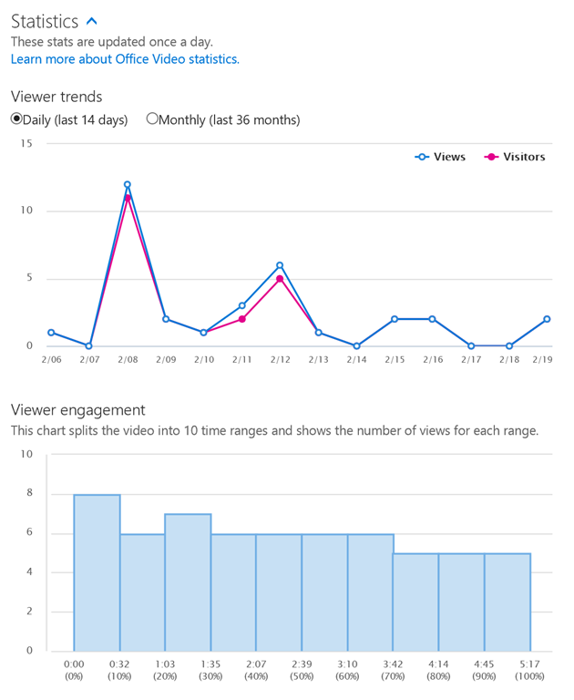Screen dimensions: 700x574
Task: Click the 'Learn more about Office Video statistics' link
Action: [x=125, y=58]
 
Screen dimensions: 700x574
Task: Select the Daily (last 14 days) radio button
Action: [x=16, y=118]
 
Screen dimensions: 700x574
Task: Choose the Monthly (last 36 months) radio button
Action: [x=152, y=118]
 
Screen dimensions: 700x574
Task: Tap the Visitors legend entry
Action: [x=515, y=157]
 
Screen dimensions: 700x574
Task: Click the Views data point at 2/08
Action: [x=128, y=184]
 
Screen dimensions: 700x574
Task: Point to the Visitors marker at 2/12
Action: [x=280, y=279]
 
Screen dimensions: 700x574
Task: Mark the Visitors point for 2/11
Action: [x=241, y=319]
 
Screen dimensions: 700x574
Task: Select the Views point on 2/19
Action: [x=546, y=319]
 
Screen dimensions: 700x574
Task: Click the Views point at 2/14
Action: [x=355, y=346]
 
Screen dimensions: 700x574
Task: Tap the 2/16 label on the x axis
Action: [x=432, y=361]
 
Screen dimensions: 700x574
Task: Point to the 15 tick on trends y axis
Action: [x=26, y=144]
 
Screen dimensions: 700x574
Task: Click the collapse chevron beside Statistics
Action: [x=90, y=21]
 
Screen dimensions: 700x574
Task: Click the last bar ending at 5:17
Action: [x=507, y=602]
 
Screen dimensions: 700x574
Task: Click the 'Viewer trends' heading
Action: [x=56, y=96]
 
